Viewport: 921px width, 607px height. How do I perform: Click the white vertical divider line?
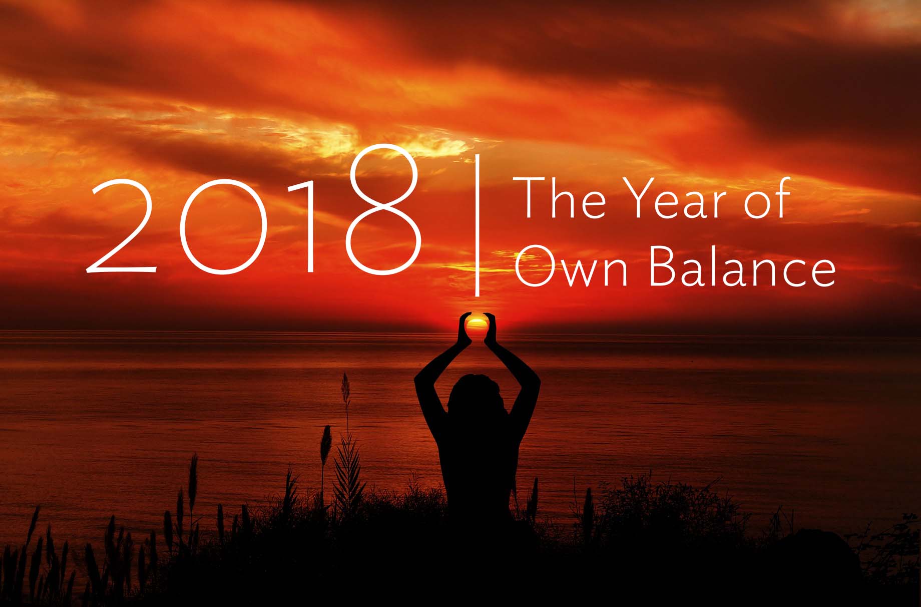[477, 225]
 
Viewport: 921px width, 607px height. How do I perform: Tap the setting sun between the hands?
[476, 324]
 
